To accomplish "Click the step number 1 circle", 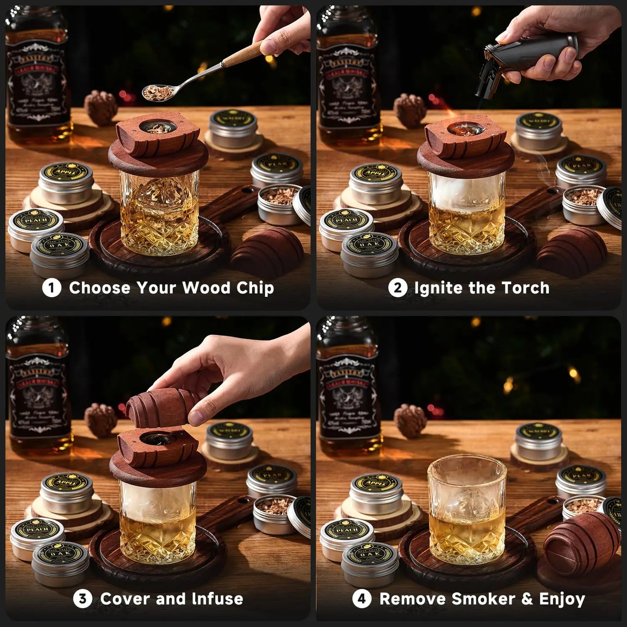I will pos(51,288).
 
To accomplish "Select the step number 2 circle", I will pos(397,288).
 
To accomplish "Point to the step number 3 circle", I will pos(82,599).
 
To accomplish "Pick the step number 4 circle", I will pos(361,599).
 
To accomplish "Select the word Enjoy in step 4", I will pos(562,599).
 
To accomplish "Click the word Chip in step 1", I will pos(255,288).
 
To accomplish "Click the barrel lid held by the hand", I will pos(163,401).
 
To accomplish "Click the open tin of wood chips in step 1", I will pos(280,204).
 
